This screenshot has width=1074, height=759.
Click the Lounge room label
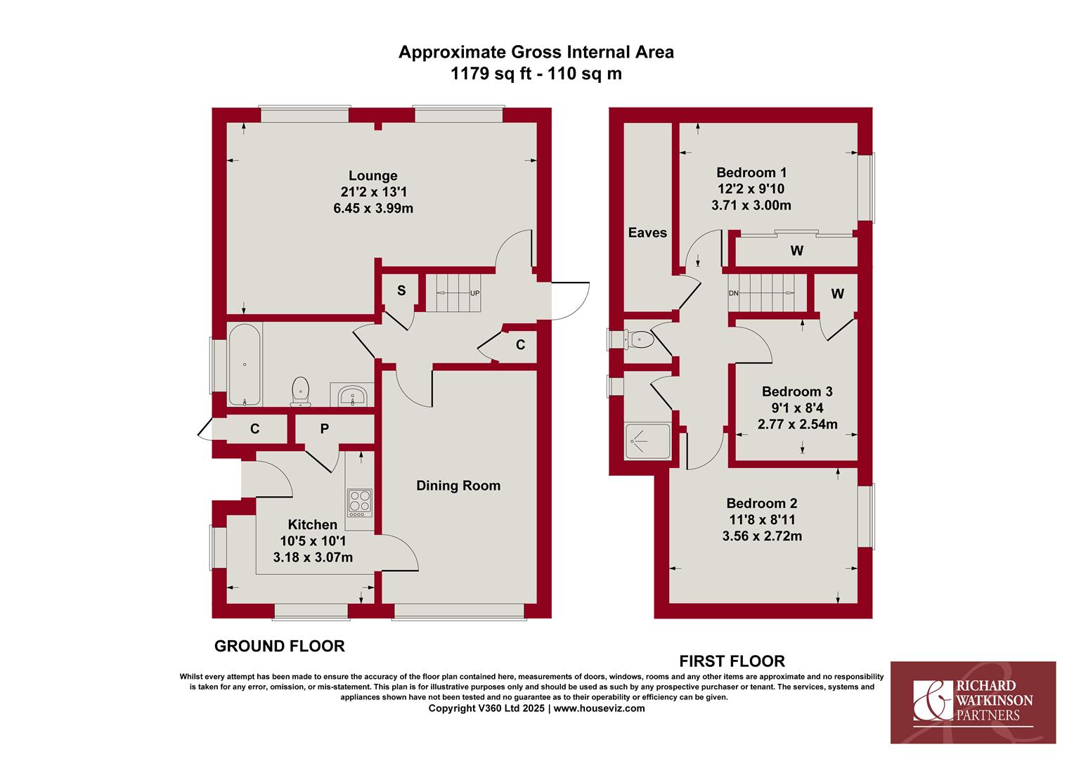[373, 176]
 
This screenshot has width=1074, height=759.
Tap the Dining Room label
[458, 486]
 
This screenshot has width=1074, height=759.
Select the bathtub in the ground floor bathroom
[245, 365]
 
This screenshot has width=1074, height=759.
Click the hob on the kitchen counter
[360, 502]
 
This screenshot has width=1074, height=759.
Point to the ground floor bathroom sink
[352, 396]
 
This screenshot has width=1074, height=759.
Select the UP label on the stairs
[474, 293]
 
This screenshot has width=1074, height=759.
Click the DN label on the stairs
[734, 293]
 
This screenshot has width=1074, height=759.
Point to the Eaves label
[647, 233]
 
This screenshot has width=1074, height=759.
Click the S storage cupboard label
[401, 290]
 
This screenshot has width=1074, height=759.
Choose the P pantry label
[325, 429]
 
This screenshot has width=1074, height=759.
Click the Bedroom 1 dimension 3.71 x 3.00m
[751, 205]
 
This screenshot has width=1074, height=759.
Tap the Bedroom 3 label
[797, 391]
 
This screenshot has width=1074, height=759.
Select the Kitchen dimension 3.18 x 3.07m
[313, 557]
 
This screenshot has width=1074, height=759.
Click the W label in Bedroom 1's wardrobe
[796, 250]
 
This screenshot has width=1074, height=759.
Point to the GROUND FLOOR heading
[280, 647]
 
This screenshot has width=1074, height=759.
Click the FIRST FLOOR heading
[732, 662]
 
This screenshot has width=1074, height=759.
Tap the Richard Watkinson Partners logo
[973, 702]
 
